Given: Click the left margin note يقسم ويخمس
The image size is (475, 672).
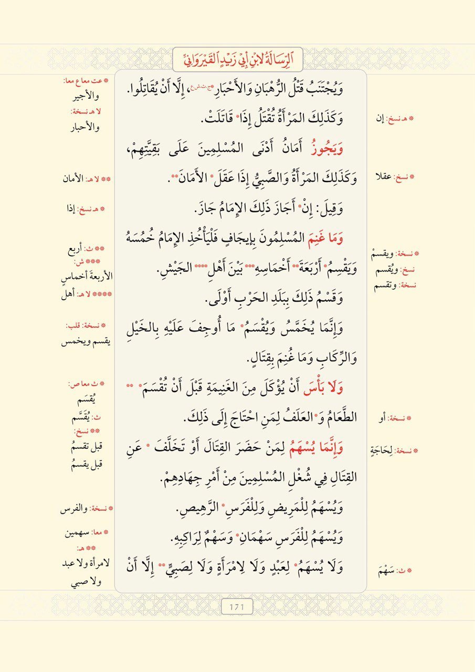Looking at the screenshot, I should [x=87, y=342].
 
